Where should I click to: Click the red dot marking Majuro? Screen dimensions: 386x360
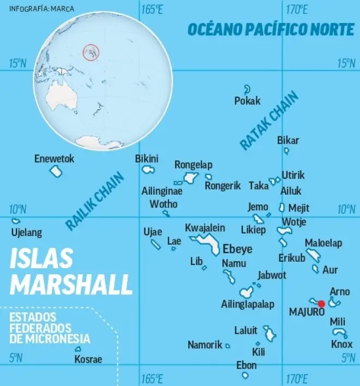tap(321, 304)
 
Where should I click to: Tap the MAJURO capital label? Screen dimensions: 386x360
tap(307, 312)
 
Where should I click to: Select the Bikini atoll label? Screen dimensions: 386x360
tap(147, 159)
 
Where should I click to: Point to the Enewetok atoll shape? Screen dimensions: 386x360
tap(56, 171)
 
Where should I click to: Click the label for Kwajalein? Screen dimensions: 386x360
tap(205, 227)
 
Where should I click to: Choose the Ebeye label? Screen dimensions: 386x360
tap(238, 249)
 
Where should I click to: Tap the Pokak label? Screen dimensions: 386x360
tap(247, 101)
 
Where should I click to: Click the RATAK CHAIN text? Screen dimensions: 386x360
tap(269, 120)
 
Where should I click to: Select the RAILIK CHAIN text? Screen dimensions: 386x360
tap(95, 200)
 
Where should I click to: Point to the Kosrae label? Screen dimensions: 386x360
tap(88, 359)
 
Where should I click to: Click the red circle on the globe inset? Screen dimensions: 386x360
tap(91, 53)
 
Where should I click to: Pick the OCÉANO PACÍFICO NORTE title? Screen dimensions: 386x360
tap(271, 29)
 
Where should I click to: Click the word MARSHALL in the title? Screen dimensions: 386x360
tap(71, 284)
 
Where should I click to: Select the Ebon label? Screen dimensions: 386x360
tap(246, 365)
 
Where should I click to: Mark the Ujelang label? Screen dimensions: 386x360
tap(26, 233)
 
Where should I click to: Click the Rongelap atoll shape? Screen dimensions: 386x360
tap(190, 177)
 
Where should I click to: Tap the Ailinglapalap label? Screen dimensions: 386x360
tap(248, 304)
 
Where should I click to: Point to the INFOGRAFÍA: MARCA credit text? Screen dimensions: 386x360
tap(42, 9)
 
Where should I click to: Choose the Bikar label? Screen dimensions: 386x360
tap(288, 140)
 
